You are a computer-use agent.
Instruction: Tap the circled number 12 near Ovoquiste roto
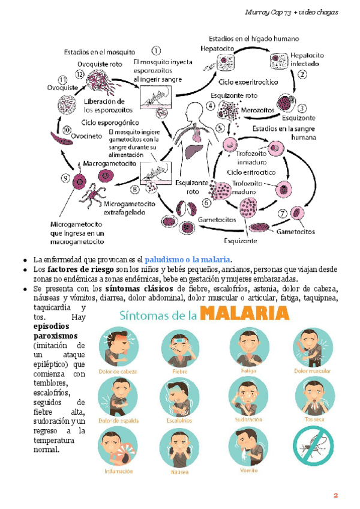click(x=80, y=74)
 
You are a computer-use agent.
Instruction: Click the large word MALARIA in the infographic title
click(x=244, y=313)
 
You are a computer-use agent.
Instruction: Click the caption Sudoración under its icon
click(x=248, y=420)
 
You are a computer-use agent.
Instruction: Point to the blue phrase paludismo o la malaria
click(x=188, y=259)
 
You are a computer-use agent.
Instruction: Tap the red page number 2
click(x=336, y=495)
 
